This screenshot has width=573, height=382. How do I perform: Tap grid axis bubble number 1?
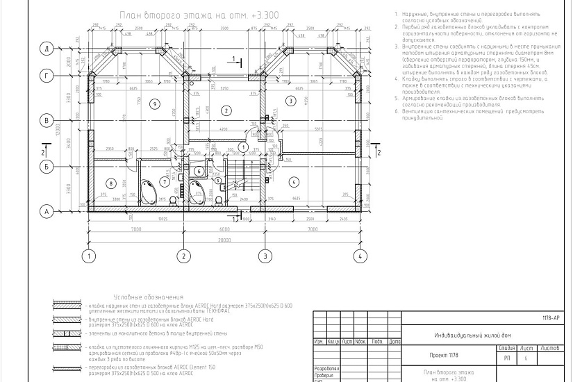pos(88,256)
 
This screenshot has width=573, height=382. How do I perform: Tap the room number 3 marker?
pos(291,100)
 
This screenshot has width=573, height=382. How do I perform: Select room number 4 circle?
pos(294,181)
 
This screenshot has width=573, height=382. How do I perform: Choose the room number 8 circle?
pos(110,183)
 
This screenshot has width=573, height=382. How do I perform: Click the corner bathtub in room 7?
pos(147,190)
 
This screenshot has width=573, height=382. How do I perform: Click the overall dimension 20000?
pos(224,240)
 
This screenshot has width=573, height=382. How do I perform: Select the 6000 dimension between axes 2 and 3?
pos(224,230)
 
